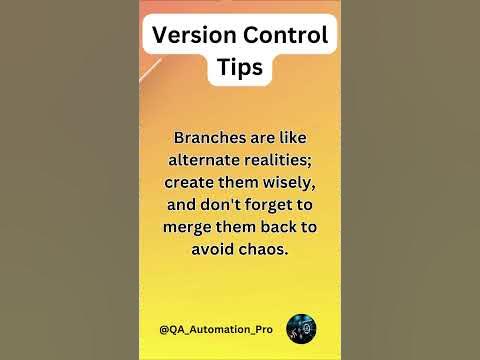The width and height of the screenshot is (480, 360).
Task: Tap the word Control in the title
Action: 283,36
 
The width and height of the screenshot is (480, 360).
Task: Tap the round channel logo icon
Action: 302,328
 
